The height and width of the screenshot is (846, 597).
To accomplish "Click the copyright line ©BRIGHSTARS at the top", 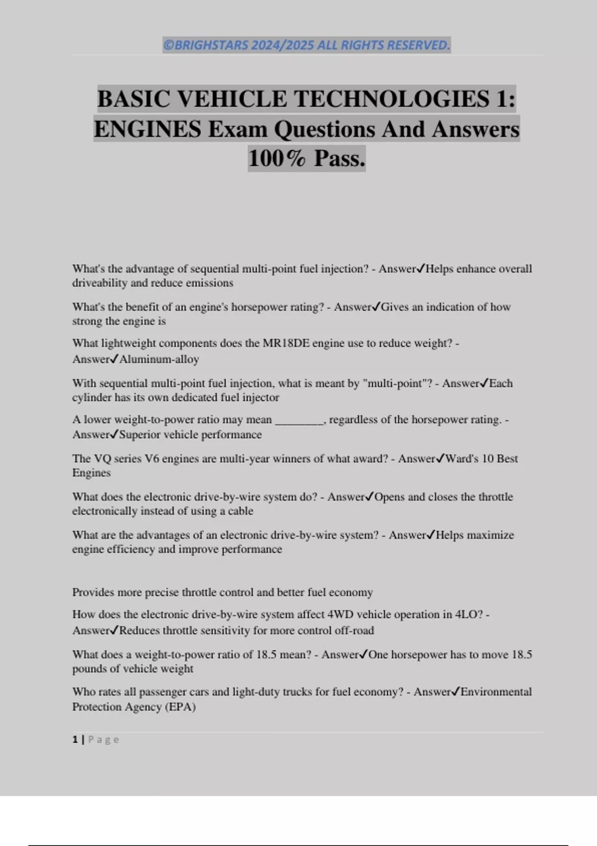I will click(306, 45).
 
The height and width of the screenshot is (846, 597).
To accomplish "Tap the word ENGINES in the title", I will click(147, 129).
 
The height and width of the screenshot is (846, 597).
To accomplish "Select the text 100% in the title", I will click(277, 159).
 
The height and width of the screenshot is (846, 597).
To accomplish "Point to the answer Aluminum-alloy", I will click(159, 359).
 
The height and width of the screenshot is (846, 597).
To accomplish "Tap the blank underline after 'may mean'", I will click(299, 421).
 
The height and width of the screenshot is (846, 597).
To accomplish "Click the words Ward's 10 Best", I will click(482, 459).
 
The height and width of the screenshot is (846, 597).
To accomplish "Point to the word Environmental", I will click(496, 692).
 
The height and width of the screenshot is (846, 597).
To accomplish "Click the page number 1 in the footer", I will click(75, 740).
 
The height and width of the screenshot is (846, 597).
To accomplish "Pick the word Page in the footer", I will click(103, 740).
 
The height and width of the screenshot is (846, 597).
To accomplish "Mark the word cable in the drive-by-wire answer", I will click(241, 511).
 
